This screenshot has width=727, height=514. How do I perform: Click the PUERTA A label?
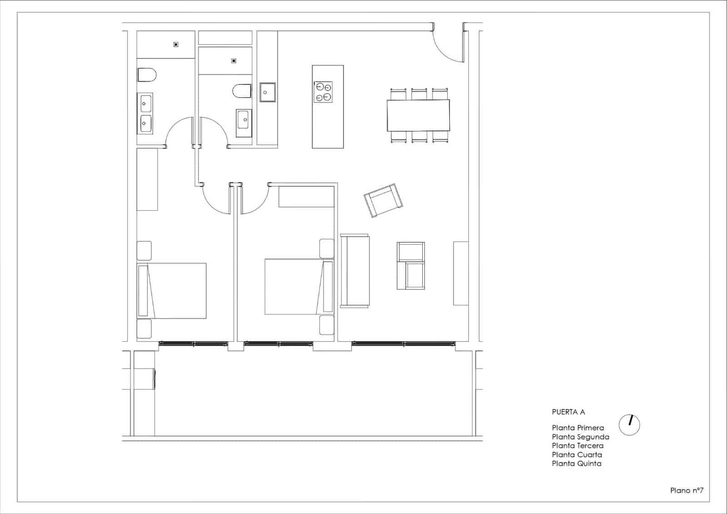[568, 412]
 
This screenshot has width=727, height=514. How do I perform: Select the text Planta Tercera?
[578, 445]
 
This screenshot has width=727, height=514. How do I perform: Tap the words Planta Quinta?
[577, 464]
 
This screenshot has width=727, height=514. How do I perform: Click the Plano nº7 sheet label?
[687, 490]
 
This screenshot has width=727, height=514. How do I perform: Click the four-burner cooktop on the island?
[323, 92]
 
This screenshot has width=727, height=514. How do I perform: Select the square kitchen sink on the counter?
[268, 92]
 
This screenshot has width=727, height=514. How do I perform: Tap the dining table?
[418, 115]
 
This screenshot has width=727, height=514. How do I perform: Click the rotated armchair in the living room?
[383, 200]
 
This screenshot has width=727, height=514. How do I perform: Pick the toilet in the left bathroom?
[147, 75]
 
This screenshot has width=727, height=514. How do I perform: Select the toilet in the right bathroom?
[242, 91]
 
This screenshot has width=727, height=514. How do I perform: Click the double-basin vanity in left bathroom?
[145, 113]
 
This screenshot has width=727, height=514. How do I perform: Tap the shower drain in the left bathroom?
[176, 45]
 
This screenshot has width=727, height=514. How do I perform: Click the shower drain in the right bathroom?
[234, 61]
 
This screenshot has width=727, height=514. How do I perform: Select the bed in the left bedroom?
[172, 290]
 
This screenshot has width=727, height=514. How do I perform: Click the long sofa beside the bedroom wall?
[354, 271]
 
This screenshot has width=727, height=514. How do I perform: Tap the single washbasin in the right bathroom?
[244, 123]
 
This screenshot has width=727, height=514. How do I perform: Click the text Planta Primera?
[578, 428]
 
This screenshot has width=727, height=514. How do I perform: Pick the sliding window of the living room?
[403, 344]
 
